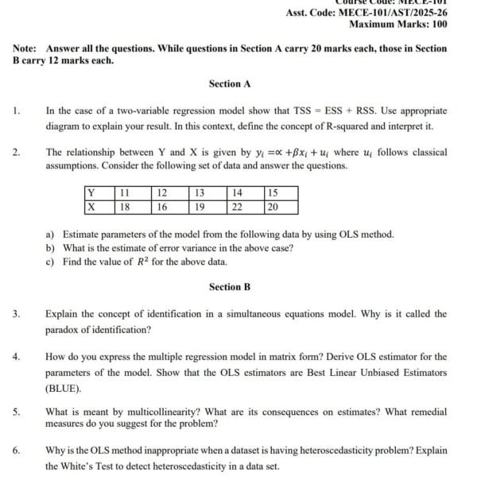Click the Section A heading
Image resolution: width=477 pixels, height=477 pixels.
pos(230,83)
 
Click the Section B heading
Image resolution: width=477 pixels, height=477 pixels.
pos(230,286)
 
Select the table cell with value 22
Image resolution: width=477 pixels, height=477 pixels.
pos(237,207)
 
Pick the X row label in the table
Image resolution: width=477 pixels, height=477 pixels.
pos(91,207)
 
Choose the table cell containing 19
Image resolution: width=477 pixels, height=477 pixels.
pos(200,207)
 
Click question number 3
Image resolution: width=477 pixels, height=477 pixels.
pos(16,314)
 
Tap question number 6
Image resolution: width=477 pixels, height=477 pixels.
pos(16,451)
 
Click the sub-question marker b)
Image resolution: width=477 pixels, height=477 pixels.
pos(50,248)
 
